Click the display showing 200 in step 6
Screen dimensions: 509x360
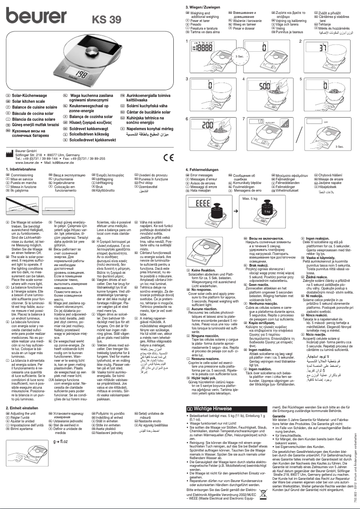[207, 125]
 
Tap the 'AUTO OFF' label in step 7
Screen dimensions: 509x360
[269, 121]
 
